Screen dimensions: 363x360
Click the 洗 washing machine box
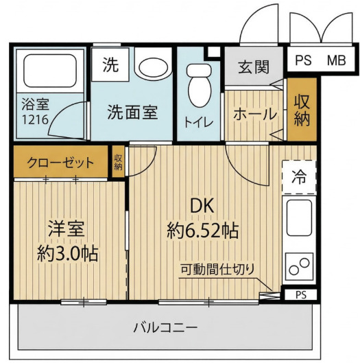pyautogui.click(x=110, y=65)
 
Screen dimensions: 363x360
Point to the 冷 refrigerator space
pyautogui.click(x=299, y=176)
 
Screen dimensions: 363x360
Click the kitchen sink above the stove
pyautogui.click(x=299, y=222)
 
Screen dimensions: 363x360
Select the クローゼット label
pyautogui.click(x=60, y=163)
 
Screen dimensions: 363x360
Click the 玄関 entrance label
pyautogui.click(x=253, y=68)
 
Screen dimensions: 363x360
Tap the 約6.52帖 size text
pyautogui.click(x=202, y=230)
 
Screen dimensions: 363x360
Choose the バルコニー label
pyautogui.click(x=165, y=326)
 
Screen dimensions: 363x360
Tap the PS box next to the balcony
pyautogui.click(x=301, y=295)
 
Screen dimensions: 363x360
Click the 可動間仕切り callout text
pyautogui.click(x=217, y=268)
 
